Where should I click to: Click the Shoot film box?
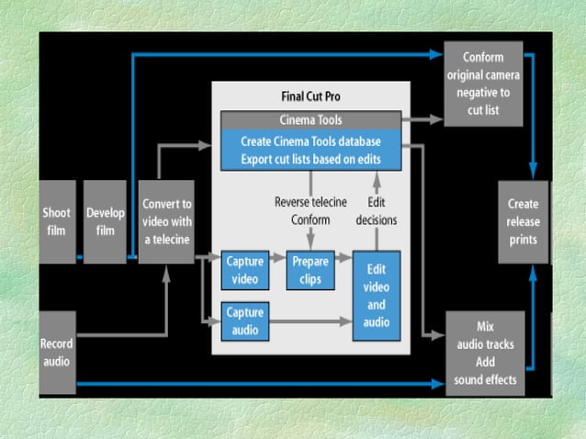(56, 221)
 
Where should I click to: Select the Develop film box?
(106, 221)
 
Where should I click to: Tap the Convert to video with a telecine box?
(165, 221)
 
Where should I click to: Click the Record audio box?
(56, 353)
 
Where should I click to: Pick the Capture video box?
(244, 269)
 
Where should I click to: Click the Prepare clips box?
(310, 269)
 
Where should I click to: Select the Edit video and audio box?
(377, 296)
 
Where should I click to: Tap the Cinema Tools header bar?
(310, 120)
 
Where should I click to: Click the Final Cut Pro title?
(310, 96)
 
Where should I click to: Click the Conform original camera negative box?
(483, 84)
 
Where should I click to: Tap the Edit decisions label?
(376, 210)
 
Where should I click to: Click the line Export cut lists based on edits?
(310, 159)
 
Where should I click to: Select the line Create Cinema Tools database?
(310, 142)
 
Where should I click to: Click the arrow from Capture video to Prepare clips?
(277, 260)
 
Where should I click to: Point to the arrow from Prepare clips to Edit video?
(344, 260)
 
